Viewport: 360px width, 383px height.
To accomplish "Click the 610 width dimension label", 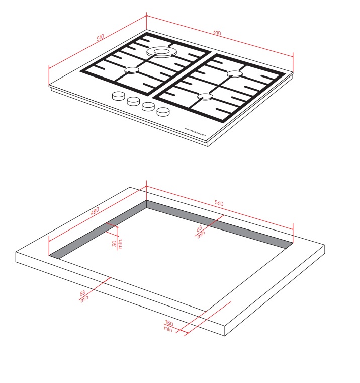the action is click(x=217, y=33).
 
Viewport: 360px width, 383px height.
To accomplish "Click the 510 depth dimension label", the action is click(x=100, y=37).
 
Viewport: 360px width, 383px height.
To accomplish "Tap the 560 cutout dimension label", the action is click(x=219, y=203).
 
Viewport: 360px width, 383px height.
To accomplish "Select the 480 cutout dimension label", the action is click(x=95, y=211).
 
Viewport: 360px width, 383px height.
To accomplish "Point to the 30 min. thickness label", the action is click(x=117, y=243).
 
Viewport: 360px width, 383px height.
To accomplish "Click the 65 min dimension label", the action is click(x=200, y=232).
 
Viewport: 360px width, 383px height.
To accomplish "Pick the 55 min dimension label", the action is click(x=83, y=296).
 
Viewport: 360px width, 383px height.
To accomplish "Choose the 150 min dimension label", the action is click(x=168, y=326).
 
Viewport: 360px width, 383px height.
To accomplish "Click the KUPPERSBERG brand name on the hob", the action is click(x=195, y=132).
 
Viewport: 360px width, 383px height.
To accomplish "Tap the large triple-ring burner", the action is click(x=161, y=52).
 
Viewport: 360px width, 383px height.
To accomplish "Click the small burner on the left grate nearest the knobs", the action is click(x=132, y=70).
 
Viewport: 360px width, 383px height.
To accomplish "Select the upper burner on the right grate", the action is click(x=234, y=74).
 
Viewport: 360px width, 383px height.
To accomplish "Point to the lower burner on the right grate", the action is click(x=205, y=97).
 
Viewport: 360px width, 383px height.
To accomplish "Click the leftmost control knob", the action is click(x=118, y=96).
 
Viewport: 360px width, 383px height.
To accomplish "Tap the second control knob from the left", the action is click(x=133, y=101).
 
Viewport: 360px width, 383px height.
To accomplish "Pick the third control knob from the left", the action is click(x=148, y=107).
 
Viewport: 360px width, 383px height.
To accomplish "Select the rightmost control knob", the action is click(x=163, y=112).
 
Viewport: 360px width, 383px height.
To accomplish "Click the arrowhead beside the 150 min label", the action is click(x=187, y=333).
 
